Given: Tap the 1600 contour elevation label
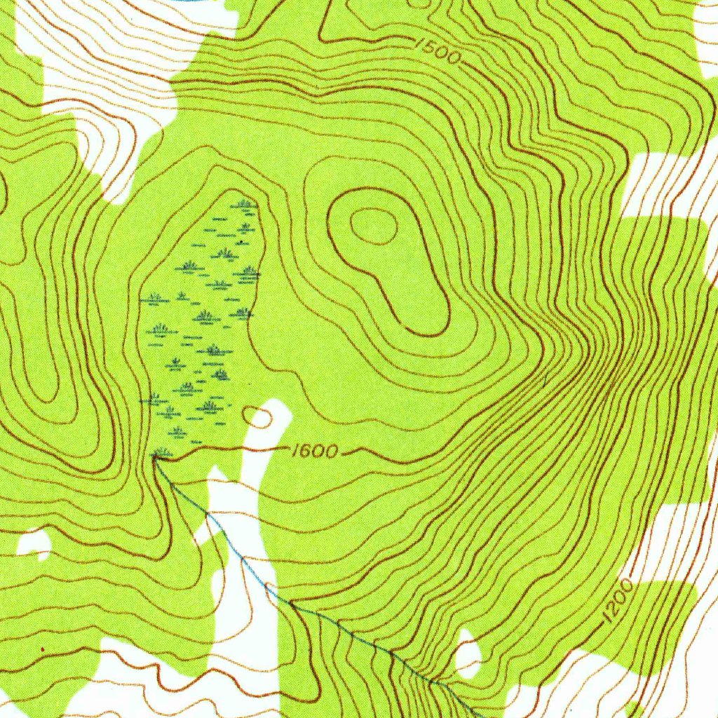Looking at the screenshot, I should point(315,451).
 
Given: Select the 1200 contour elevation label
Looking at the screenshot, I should point(618,601).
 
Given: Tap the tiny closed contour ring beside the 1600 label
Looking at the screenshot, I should point(258,418).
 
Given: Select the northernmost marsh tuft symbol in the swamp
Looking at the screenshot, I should point(244,204).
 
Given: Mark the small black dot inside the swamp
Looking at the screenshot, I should point(241,242).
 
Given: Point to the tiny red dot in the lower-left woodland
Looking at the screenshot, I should point(43,651).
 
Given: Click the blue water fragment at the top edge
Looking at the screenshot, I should point(189,1).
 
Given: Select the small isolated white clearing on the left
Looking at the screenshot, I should point(34,543).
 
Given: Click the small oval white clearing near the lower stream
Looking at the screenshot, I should point(468,655).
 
